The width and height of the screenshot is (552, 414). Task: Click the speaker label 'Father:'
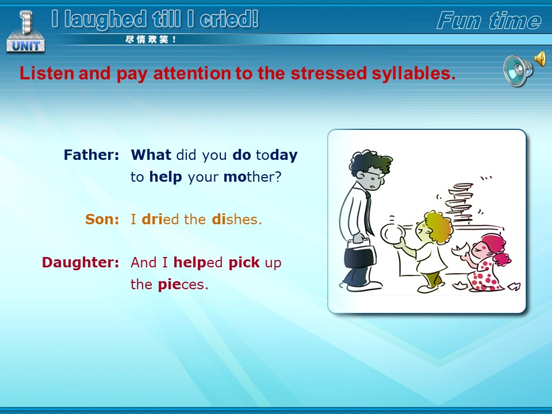91,155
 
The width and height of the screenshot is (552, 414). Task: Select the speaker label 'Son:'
102,219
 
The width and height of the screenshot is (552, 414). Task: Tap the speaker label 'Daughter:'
80,263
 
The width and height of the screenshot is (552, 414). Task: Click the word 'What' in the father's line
151,155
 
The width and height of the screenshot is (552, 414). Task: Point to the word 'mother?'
252,177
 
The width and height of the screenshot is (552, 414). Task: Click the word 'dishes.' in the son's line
237,219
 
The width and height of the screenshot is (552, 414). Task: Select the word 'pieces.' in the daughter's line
183,284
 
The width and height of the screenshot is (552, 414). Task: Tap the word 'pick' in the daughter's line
244,263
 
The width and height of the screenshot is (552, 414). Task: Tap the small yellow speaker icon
540,59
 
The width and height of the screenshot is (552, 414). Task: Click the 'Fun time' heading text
489,21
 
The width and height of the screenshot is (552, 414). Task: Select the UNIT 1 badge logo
25,32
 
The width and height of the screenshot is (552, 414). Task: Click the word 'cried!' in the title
229,19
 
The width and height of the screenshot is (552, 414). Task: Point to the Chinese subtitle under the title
150,40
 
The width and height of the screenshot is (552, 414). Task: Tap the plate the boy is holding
392,233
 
